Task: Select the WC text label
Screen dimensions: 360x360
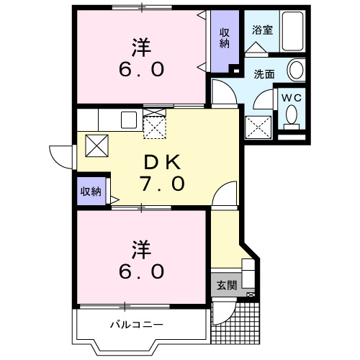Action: (x=291, y=96)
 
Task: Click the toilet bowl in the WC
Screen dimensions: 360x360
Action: (x=292, y=115)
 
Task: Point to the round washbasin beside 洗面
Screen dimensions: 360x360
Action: (x=295, y=70)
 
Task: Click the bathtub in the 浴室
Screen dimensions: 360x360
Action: (x=292, y=33)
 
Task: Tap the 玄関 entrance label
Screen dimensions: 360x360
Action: (x=226, y=285)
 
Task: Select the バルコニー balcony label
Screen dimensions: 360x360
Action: (x=136, y=325)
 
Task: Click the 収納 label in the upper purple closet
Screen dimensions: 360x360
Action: (x=225, y=39)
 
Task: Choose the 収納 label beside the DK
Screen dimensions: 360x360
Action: (x=91, y=192)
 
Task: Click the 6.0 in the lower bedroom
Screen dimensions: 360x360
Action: (x=141, y=272)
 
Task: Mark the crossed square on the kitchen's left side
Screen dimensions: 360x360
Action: (x=97, y=145)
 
